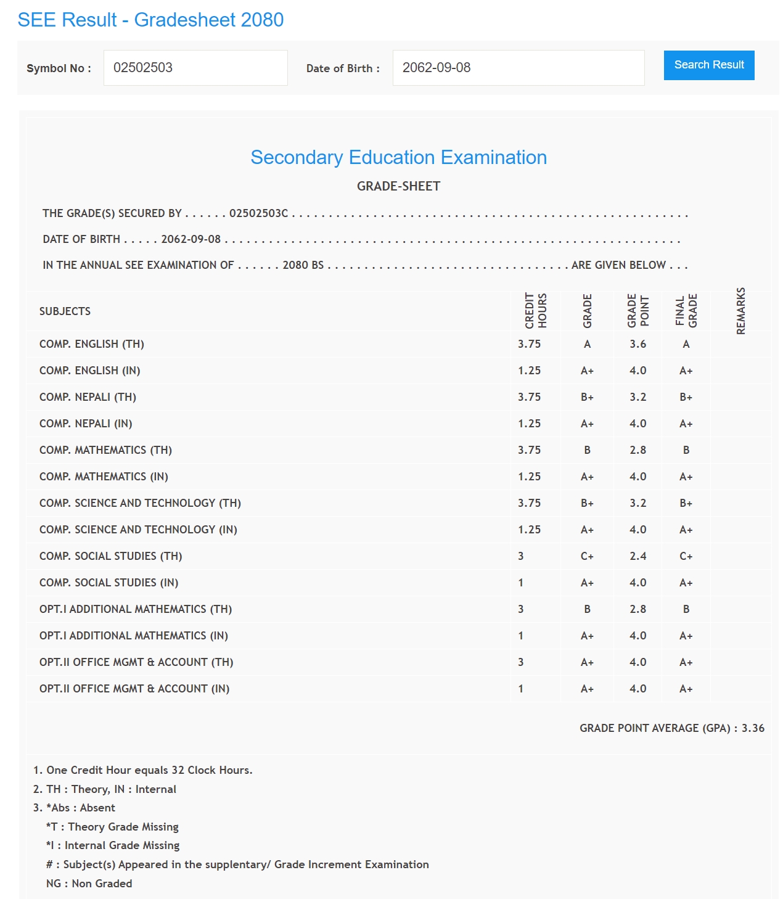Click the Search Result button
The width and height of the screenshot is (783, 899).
[x=708, y=65]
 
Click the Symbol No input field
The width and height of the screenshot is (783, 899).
[x=195, y=68]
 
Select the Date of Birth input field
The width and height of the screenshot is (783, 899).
[x=518, y=68]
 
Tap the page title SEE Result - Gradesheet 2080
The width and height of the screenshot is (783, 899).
[x=150, y=20]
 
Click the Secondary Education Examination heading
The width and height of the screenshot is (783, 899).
[x=398, y=157]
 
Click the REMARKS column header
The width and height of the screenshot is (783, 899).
[x=740, y=311]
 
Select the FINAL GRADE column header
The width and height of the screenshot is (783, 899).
[x=686, y=311]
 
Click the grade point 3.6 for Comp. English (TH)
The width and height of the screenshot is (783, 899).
[x=637, y=344]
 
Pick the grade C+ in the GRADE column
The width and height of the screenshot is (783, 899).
[x=587, y=556]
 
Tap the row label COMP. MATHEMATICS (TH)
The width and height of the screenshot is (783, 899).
[x=105, y=450]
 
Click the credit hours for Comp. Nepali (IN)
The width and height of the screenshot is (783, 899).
[x=529, y=424]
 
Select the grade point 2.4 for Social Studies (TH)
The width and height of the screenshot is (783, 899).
[x=637, y=556]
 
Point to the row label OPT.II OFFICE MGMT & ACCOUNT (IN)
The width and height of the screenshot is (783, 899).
[x=134, y=689]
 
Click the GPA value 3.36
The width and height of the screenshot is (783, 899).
[x=753, y=728]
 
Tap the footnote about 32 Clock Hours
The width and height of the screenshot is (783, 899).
[x=143, y=770]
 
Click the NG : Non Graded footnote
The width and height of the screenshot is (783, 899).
[x=89, y=884]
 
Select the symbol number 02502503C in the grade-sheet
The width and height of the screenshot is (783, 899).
[x=258, y=213]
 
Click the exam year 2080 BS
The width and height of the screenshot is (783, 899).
[x=303, y=265]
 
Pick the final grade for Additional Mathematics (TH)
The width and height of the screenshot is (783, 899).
[x=686, y=609]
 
